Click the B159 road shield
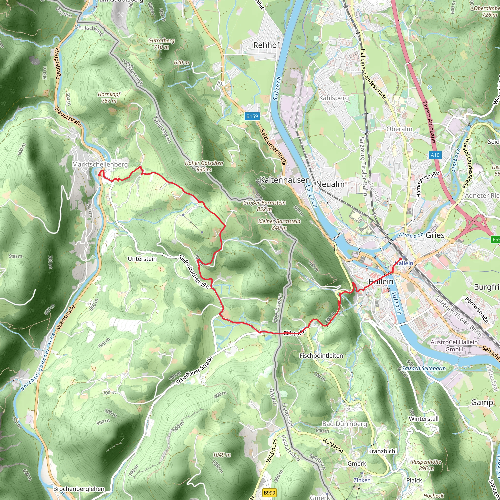point(252,116)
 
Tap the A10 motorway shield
point(435,155)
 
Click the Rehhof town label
point(266,45)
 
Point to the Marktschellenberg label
point(100,164)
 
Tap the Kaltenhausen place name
point(285,180)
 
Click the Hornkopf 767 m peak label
point(109,98)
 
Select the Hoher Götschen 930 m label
point(204,166)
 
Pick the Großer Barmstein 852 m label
point(264,206)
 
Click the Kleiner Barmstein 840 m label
point(279,224)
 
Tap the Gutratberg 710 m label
point(161,44)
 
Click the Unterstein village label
point(142,259)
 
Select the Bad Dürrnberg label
point(344,424)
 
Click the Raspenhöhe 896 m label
point(426,465)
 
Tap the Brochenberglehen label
point(79,489)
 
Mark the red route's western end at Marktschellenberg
point(99,175)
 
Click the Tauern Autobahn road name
point(428,122)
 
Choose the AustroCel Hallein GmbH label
point(454,345)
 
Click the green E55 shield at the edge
point(496,240)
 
